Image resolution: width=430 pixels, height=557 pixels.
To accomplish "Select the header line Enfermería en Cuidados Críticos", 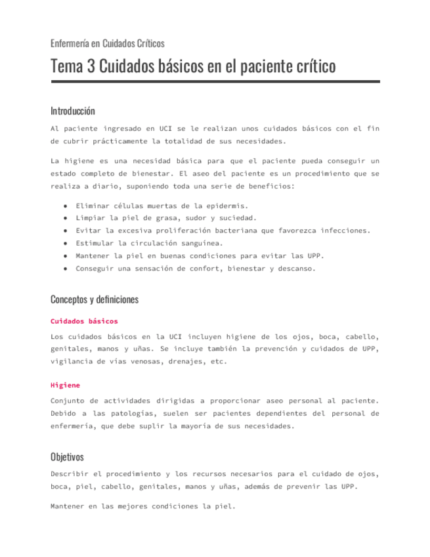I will tap(107, 43).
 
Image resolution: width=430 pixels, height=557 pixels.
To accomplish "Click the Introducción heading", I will tap(72, 110).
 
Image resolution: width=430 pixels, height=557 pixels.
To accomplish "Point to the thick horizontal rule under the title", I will tap(215, 81).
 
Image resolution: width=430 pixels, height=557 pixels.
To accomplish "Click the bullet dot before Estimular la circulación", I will tap(66, 243).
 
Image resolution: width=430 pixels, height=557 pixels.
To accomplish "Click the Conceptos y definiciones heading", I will tap(95, 300).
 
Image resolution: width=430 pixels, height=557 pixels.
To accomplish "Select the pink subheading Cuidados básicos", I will tap(84, 321).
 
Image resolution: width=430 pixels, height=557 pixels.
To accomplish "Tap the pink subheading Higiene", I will tap(65, 385).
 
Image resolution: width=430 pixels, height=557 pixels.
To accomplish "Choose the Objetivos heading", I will tap(67, 457).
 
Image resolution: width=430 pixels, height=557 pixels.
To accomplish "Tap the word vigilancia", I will tap(74, 361).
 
